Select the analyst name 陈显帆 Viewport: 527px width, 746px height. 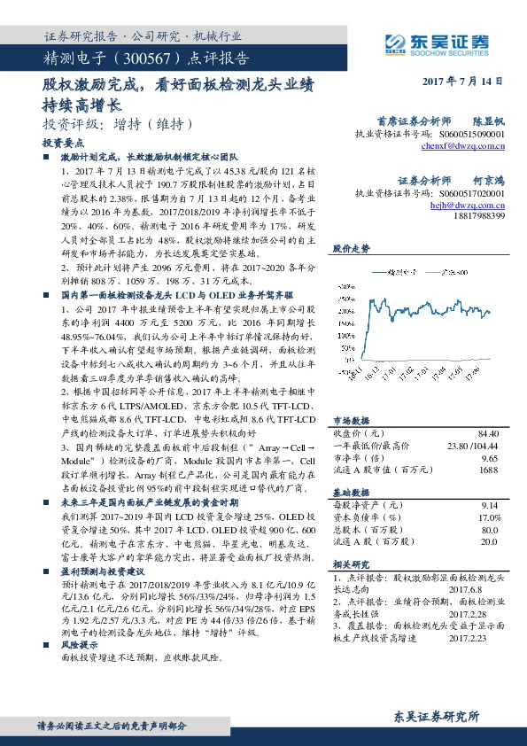(x=487, y=119)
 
